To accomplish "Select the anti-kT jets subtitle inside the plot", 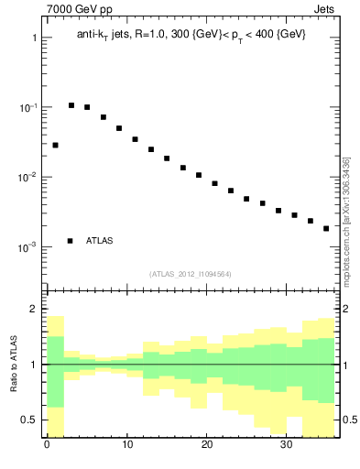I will [191, 34].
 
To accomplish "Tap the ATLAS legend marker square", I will [71, 241].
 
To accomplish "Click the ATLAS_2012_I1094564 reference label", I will [191, 274].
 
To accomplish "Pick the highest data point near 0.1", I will [71, 105].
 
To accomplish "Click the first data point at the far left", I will [55, 145].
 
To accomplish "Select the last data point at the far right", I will [326, 228].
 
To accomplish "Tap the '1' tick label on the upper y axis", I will [34, 38].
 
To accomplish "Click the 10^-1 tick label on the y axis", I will [28, 107].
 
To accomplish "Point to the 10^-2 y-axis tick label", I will [28, 177].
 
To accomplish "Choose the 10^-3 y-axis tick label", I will [28, 247].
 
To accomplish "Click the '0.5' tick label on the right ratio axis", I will [349, 420].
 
